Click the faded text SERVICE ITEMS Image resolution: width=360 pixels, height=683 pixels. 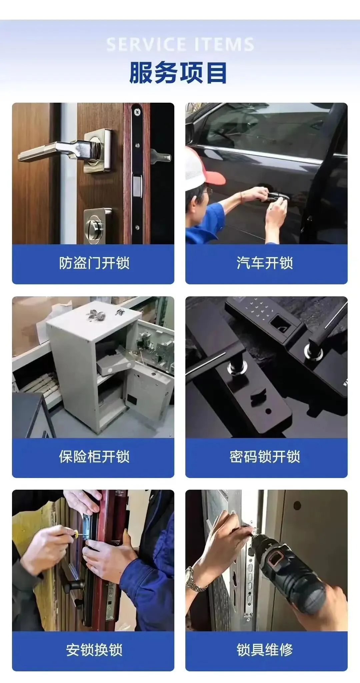click(180, 45)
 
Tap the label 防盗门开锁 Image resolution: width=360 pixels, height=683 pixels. click(94, 263)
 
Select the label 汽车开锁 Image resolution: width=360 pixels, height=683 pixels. click(265, 263)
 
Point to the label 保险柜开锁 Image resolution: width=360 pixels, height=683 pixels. click(94, 456)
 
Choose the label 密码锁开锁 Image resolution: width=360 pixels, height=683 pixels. click(265, 456)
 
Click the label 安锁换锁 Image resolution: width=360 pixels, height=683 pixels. click(94, 650)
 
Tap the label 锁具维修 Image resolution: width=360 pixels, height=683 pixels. click(265, 650)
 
